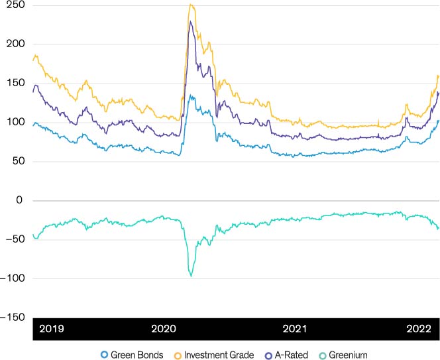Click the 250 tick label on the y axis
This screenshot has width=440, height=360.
coord(15,5)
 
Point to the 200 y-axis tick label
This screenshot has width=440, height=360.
coord(15,44)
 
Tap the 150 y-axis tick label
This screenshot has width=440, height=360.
coord(15,83)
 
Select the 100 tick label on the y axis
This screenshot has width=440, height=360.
coord(15,121)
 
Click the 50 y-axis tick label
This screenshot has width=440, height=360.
coord(19,161)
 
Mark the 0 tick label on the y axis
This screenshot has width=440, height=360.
coord(19,200)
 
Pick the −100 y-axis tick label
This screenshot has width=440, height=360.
coord(13,278)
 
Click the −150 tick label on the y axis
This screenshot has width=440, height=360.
coord(13,318)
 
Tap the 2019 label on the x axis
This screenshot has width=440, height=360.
coord(52,329)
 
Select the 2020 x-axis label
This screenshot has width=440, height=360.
coord(164,329)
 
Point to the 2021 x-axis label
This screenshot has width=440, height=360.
coord(295,329)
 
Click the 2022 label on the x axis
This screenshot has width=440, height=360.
coord(419,329)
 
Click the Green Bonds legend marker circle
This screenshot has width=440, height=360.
coord(104,355)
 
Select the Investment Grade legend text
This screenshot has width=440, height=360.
coord(219,355)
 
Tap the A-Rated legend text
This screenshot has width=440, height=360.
coord(292,355)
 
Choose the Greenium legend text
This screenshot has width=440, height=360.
coord(348,355)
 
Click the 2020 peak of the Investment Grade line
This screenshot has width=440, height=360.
coord(191,4)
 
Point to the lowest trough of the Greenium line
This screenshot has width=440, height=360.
coord(192,276)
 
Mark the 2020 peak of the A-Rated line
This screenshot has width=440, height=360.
coord(191,21)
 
